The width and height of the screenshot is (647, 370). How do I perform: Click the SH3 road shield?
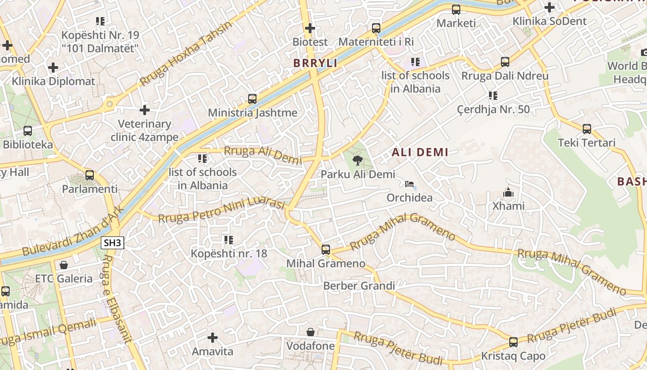tap(113, 243)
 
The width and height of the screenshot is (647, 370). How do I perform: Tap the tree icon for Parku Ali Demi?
tap(357, 160)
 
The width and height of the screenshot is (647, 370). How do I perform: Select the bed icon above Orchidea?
tap(409, 184)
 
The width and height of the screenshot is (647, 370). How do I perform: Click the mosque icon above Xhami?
tap(508, 192)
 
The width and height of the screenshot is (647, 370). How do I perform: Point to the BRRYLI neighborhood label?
tap(315, 63)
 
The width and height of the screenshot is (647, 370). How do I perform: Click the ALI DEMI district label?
tap(420, 152)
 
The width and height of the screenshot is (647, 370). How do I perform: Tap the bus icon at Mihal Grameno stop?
tap(326, 250)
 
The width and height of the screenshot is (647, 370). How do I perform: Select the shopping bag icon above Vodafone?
tap(311, 332)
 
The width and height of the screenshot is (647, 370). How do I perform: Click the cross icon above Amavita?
tap(213, 338)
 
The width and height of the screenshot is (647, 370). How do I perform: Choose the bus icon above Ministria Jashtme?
tap(252, 99)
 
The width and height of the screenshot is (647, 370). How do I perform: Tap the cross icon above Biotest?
tap(310, 28)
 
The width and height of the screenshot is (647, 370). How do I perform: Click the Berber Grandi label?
tap(359, 286)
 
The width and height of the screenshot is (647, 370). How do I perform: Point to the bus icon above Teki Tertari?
tap(587, 129)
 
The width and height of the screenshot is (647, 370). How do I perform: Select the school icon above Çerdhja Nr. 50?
tap(493, 96)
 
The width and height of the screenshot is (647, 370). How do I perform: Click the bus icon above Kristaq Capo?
tap(513, 342)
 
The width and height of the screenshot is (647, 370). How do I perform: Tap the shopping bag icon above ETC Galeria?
tap(64, 265)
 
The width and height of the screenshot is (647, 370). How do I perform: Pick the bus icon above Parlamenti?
tap(90, 175)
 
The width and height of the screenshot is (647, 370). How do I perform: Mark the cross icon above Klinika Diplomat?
tap(53, 68)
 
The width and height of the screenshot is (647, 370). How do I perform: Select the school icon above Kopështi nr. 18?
tap(229, 240)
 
